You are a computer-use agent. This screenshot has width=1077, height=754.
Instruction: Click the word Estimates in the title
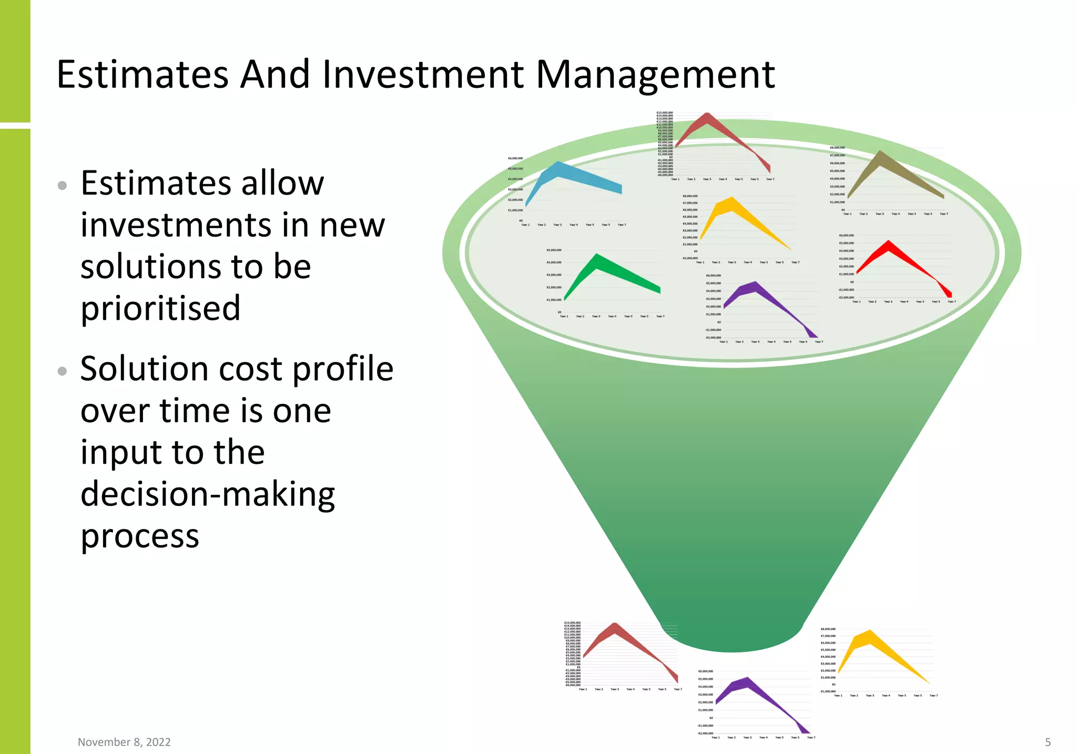(142, 74)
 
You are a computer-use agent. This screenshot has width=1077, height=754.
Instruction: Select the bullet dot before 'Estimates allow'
(62, 185)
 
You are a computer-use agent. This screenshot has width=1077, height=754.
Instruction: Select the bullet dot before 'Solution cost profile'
(62, 371)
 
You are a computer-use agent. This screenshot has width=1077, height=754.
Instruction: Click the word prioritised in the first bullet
(160, 308)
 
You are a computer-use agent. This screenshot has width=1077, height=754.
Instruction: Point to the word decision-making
(208, 494)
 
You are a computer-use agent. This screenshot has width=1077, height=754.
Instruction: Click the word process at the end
(140, 536)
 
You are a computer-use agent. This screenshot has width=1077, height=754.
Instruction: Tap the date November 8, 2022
(124, 742)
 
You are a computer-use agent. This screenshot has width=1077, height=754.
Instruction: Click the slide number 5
(1048, 742)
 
